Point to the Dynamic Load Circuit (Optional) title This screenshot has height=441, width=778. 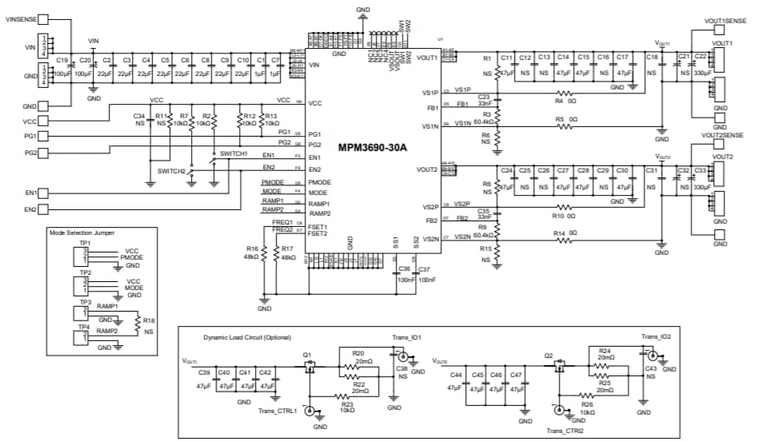247,337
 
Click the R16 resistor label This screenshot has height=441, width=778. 252,249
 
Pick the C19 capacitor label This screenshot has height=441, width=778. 62,61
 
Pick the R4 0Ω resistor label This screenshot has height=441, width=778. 564,101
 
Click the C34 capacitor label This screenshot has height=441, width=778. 139,117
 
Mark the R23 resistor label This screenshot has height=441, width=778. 347,405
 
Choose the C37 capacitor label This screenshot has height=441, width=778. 424,269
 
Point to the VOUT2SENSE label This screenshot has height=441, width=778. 724,136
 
